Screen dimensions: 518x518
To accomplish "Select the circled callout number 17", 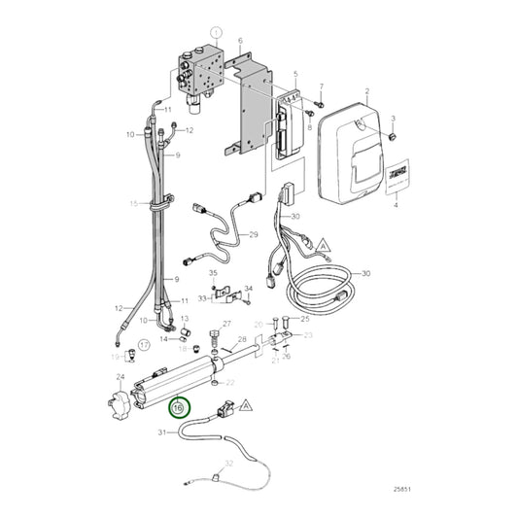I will coord(143,344).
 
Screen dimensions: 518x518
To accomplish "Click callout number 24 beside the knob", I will coord(121,377).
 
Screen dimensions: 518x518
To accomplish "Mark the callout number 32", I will coord(229,465).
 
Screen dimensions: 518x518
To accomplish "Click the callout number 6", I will coord(240,40).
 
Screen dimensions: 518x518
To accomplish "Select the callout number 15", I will coord(135,202).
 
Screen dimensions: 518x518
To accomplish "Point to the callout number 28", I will coord(243,338).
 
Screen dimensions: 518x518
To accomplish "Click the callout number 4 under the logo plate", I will coord(396,206).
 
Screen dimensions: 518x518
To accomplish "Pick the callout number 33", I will coord(202,298).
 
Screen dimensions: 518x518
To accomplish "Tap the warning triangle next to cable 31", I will coord(246,403).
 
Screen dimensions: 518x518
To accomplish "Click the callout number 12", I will coord(190,130).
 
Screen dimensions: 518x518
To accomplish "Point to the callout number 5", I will coord(296,74).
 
